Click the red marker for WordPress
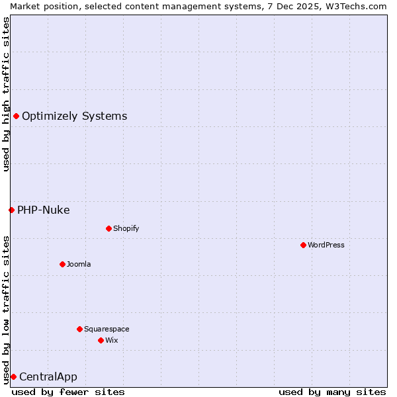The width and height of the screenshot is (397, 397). pyautogui.click(x=303, y=245)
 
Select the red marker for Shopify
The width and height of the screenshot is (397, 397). pyautogui.click(x=109, y=228)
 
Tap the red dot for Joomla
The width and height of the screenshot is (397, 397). pyautogui.click(x=62, y=264)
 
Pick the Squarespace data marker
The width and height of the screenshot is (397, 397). pyautogui.click(x=79, y=329)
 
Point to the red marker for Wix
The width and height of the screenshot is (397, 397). pyautogui.click(x=101, y=340)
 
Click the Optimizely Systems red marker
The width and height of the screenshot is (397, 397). pyautogui.click(x=16, y=116)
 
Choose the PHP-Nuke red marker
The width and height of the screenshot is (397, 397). pyautogui.click(x=11, y=210)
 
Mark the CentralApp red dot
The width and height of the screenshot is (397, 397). pyautogui.click(x=13, y=376)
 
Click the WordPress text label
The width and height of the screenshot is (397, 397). pyautogui.click(x=326, y=245)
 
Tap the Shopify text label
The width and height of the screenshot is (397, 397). pyautogui.click(x=126, y=228)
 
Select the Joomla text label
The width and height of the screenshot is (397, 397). pyautogui.click(x=79, y=264)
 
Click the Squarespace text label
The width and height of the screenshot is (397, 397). pyautogui.click(x=107, y=329)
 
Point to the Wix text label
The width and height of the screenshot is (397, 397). pyautogui.click(x=112, y=340)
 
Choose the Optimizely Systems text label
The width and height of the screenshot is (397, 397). pyautogui.click(x=74, y=116)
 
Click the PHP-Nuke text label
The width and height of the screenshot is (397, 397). pyautogui.click(x=43, y=210)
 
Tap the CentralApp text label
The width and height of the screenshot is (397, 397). pyautogui.click(x=48, y=377)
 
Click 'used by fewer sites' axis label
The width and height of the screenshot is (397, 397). pyautogui.click(x=68, y=392)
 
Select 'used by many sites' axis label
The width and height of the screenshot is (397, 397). pyautogui.click(x=332, y=392)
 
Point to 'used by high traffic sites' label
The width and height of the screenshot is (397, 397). pyautogui.click(x=6, y=94)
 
